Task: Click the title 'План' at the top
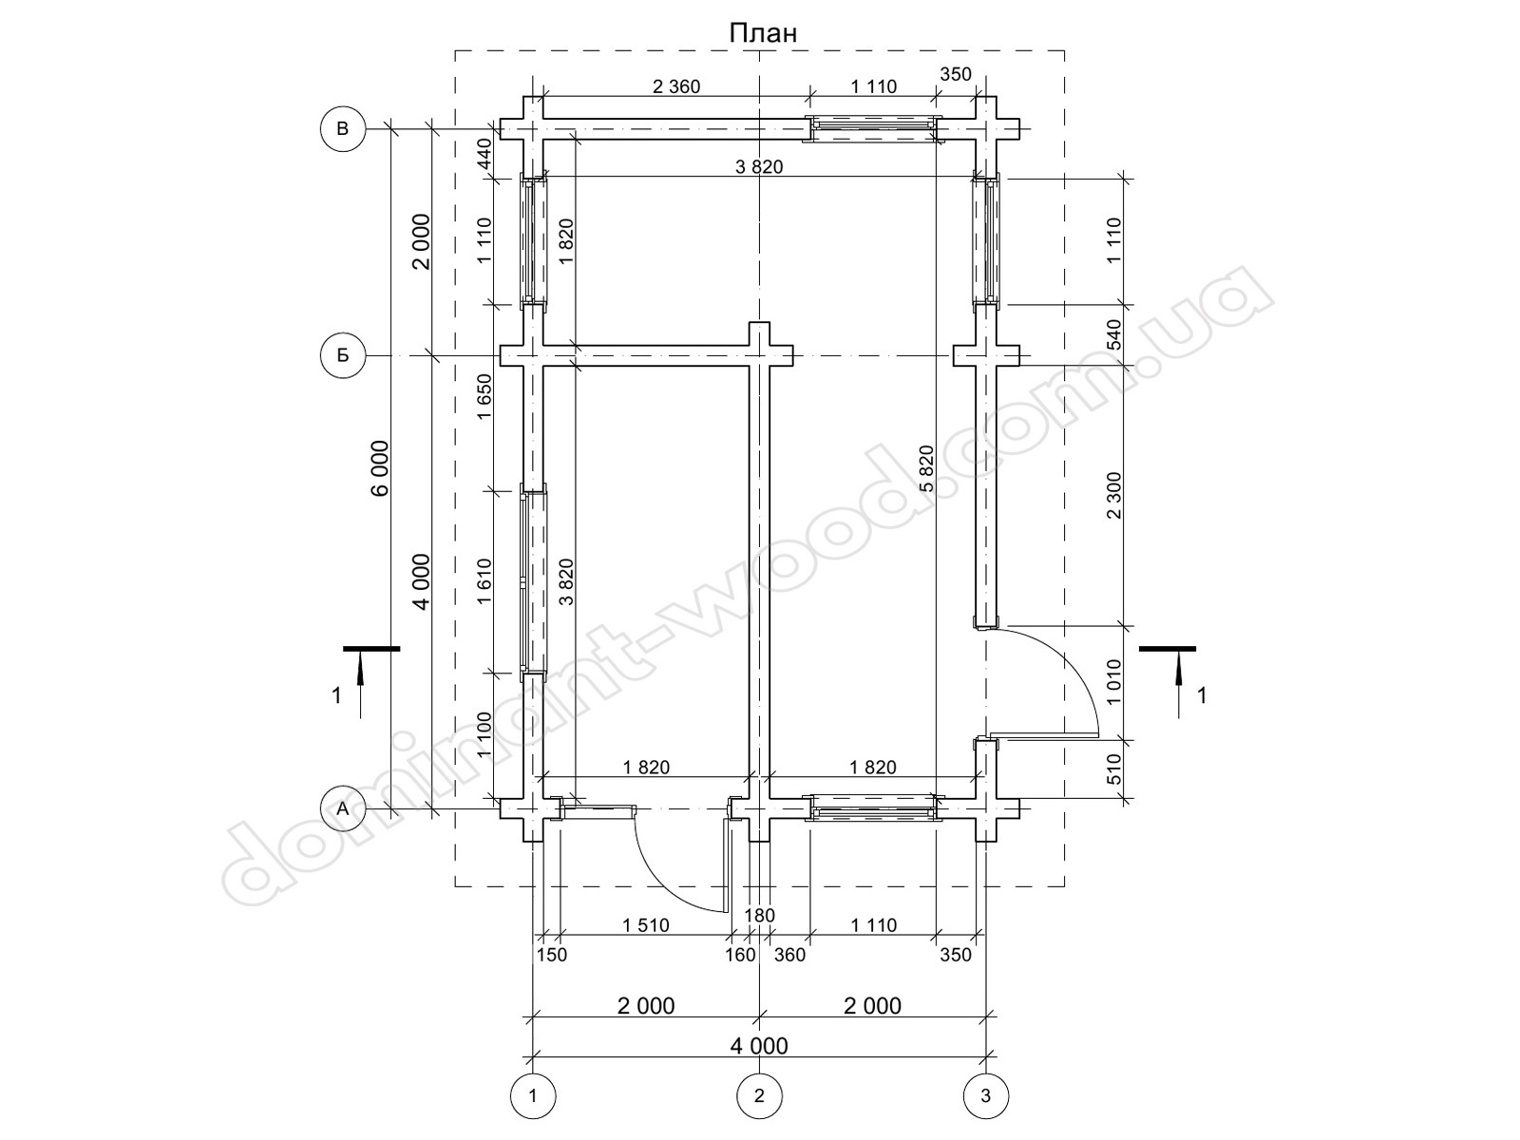click(x=763, y=32)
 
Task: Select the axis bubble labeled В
click(x=343, y=129)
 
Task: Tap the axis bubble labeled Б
click(x=343, y=355)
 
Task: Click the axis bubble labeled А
click(x=343, y=808)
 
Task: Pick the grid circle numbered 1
click(x=533, y=1095)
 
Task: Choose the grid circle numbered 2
click(x=760, y=1095)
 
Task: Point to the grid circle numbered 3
click(x=986, y=1095)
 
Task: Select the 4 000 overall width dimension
click(x=759, y=1045)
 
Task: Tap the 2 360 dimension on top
click(x=676, y=86)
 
